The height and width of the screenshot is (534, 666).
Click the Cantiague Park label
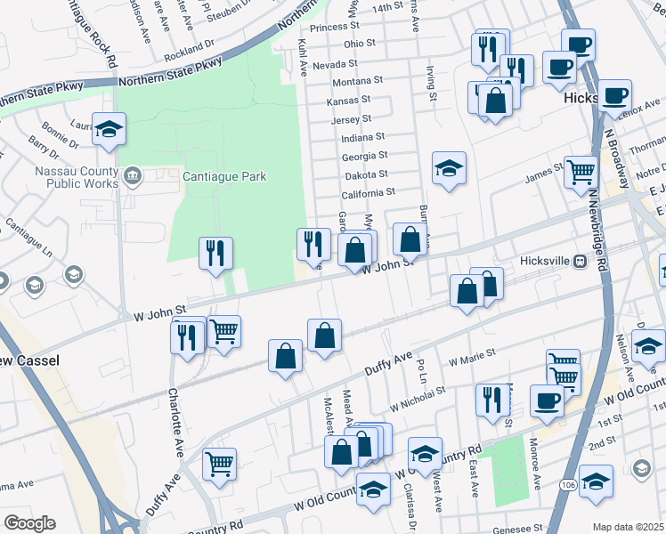(x=224, y=176)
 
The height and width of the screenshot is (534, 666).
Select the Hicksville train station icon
(x=580, y=262)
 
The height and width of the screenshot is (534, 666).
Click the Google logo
(x=29, y=523)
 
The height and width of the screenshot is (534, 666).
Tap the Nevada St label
(x=334, y=64)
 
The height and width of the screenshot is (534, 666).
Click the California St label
(x=368, y=192)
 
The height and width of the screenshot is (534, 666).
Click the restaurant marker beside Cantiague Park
(x=215, y=253)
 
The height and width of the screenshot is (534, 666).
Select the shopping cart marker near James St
(x=581, y=171)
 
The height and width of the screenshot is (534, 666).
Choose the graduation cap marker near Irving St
(x=450, y=167)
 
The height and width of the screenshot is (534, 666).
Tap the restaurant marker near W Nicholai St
(x=491, y=400)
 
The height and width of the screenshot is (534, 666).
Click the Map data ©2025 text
(x=627, y=527)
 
